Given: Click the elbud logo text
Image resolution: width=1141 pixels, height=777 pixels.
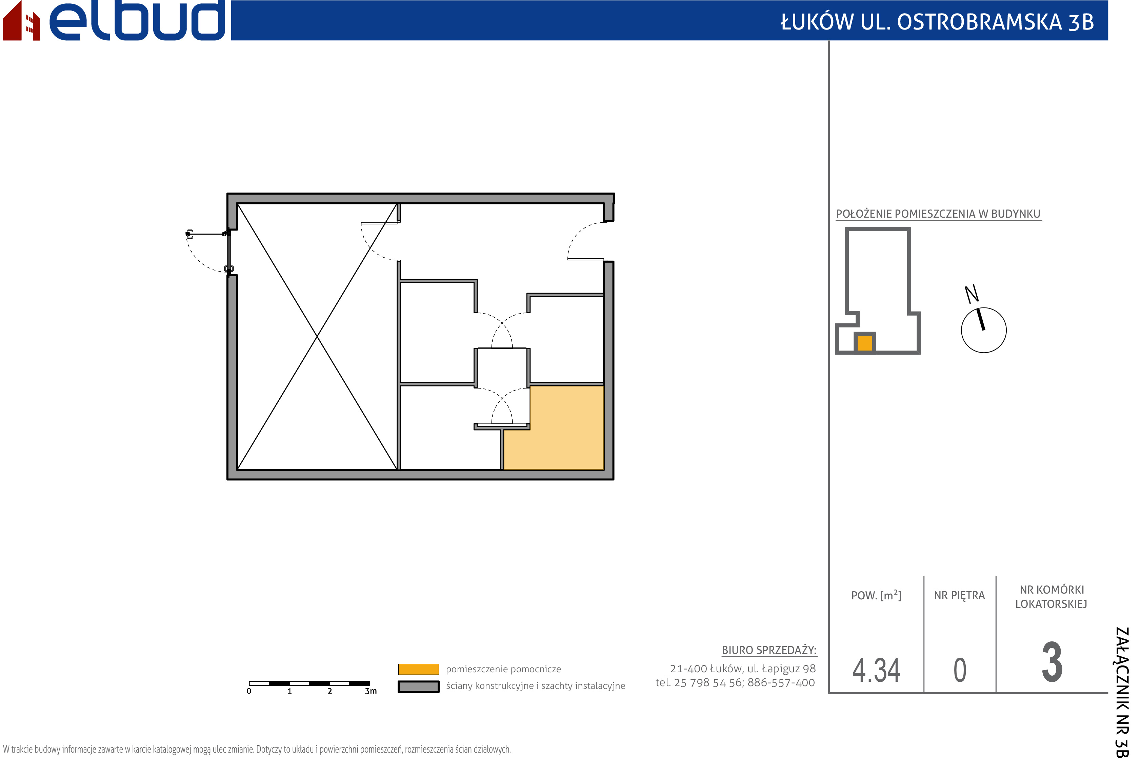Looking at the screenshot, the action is [x=138, y=21].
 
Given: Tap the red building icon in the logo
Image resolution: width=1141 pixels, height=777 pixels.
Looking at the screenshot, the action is [x=21, y=22].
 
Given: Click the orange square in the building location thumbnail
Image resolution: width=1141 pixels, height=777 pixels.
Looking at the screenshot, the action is [x=865, y=343].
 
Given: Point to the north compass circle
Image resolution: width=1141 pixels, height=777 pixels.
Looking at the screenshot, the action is [x=983, y=330].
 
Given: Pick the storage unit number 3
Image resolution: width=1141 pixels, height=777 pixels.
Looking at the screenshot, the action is [x=1052, y=662].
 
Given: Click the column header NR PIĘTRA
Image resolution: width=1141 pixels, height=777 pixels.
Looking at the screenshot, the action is [x=959, y=596].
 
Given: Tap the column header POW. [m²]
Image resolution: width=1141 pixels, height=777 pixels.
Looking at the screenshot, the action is [x=876, y=595].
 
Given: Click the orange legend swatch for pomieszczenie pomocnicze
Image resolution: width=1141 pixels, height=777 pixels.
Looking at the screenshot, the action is [x=418, y=669].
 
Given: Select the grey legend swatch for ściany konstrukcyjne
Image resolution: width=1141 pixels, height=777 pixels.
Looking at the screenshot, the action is [x=418, y=686].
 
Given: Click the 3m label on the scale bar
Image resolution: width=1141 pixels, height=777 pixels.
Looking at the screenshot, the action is [x=371, y=691].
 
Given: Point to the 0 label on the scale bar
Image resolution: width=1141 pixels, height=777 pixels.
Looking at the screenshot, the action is [x=249, y=691].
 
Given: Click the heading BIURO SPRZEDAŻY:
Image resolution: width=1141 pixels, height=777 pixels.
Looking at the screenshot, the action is [x=769, y=650].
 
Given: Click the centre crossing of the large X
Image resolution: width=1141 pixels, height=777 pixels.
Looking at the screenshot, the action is [x=317, y=336].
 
